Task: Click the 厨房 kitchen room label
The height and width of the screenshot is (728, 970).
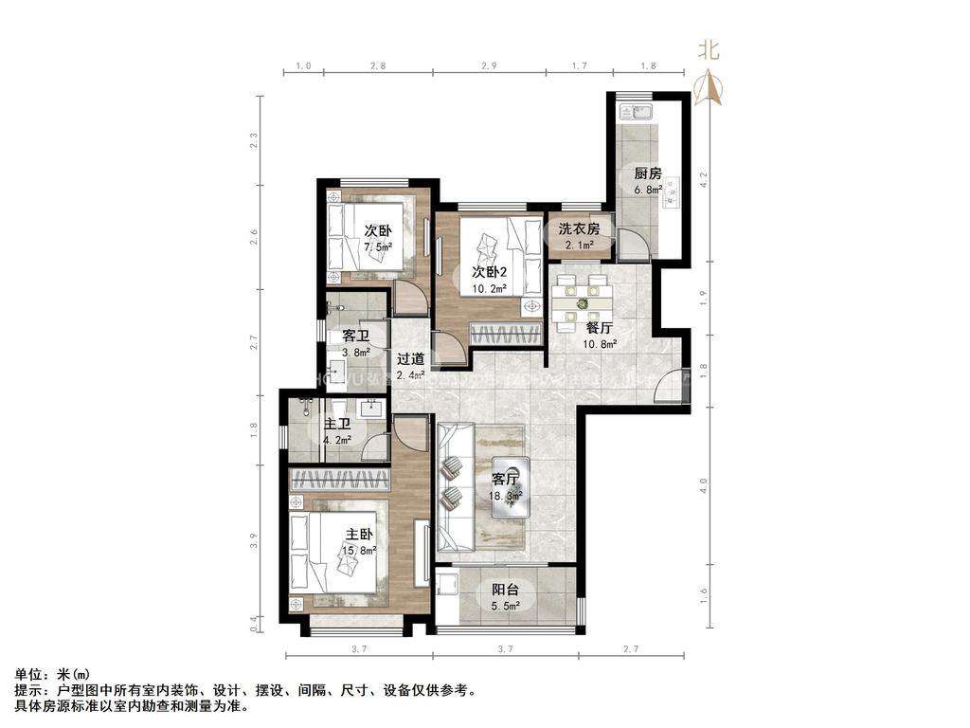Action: (648, 173)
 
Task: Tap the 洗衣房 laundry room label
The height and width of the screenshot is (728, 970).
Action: (578, 228)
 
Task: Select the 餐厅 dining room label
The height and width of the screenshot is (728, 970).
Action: (601, 327)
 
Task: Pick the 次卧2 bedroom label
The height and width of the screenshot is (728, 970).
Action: (491, 272)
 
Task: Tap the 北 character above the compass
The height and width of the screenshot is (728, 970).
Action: (709, 49)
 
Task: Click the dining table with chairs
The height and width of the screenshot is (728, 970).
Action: (581, 301)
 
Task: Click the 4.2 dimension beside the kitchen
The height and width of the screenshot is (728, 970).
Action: (702, 179)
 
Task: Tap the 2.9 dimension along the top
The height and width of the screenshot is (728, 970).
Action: (489, 66)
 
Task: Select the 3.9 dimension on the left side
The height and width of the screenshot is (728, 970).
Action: (253, 541)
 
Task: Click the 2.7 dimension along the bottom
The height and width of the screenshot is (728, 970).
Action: (631, 649)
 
